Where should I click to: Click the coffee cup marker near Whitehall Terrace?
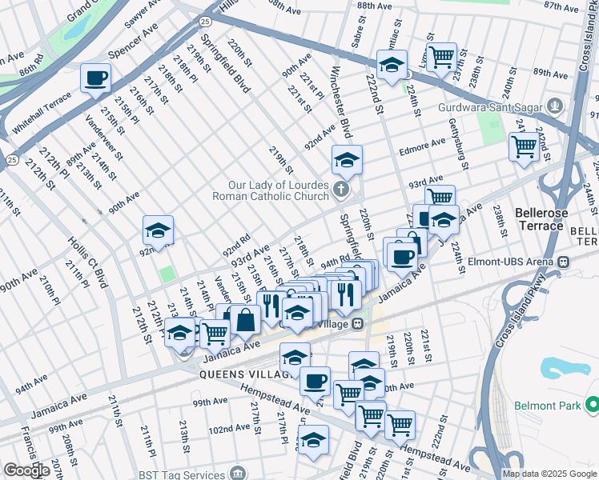coord(95,78)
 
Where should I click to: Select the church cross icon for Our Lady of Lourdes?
coord(341,190)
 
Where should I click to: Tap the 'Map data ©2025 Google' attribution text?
coord(549,474)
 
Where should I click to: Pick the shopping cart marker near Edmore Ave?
coord(524,146)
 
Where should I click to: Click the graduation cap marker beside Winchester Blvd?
coord(347,160)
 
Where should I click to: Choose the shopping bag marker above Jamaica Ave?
coord(246,320)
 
